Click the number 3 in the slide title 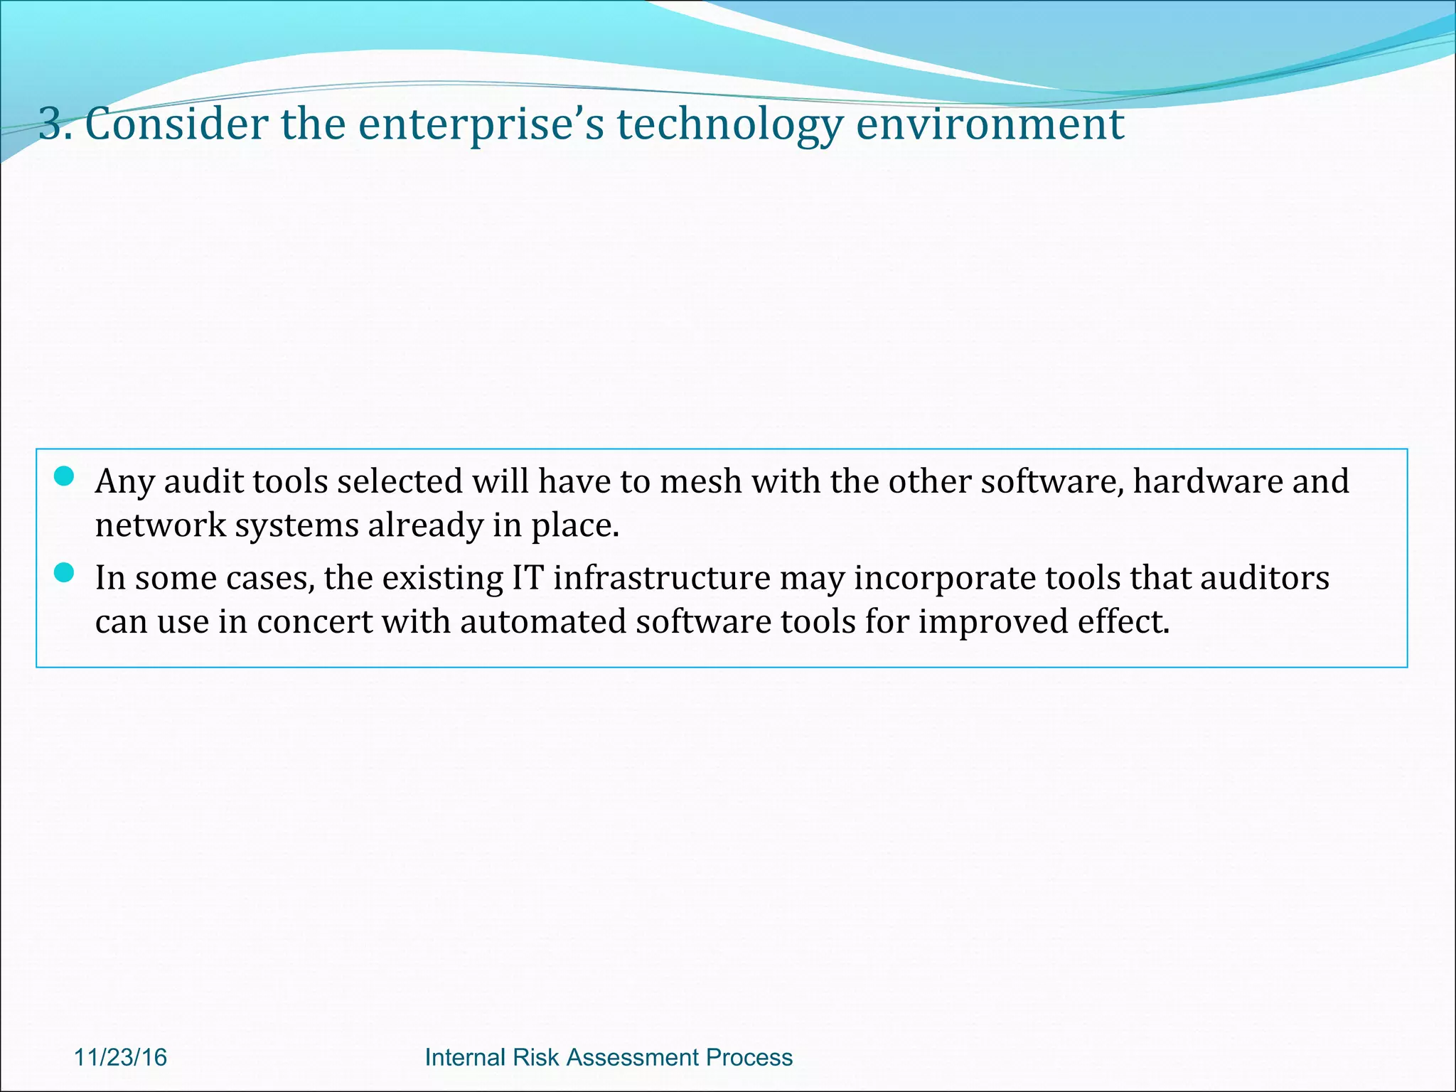click(x=52, y=124)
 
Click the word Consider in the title click(x=176, y=124)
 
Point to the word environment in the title click(x=990, y=124)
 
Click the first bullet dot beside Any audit click(x=64, y=476)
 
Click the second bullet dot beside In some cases click(x=64, y=572)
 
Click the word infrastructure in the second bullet click(x=662, y=577)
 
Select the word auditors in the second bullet click(x=1265, y=577)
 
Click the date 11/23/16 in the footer click(x=120, y=1057)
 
